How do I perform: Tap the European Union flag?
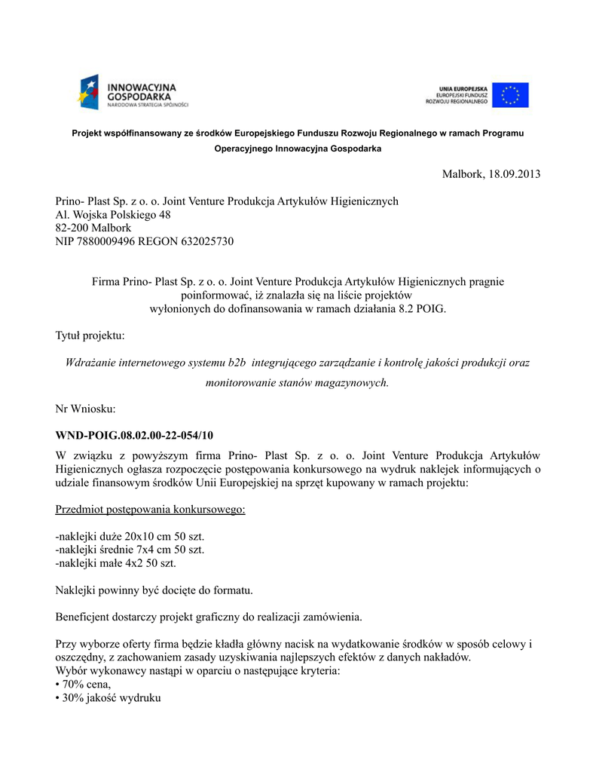tap(511, 95)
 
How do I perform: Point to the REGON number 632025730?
tap(204, 241)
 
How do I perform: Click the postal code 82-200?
tap(71, 228)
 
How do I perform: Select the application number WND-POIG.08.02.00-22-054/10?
tap(134, 435)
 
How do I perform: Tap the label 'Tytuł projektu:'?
tap(90, 335)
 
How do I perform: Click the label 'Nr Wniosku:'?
tap(85, 409)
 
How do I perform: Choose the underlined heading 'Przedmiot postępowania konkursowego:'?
tap(150, 510)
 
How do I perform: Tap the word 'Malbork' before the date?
tap(463, 174)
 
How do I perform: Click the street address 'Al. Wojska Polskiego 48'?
tap(113, 215)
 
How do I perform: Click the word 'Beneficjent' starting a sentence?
tap(84, 617)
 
